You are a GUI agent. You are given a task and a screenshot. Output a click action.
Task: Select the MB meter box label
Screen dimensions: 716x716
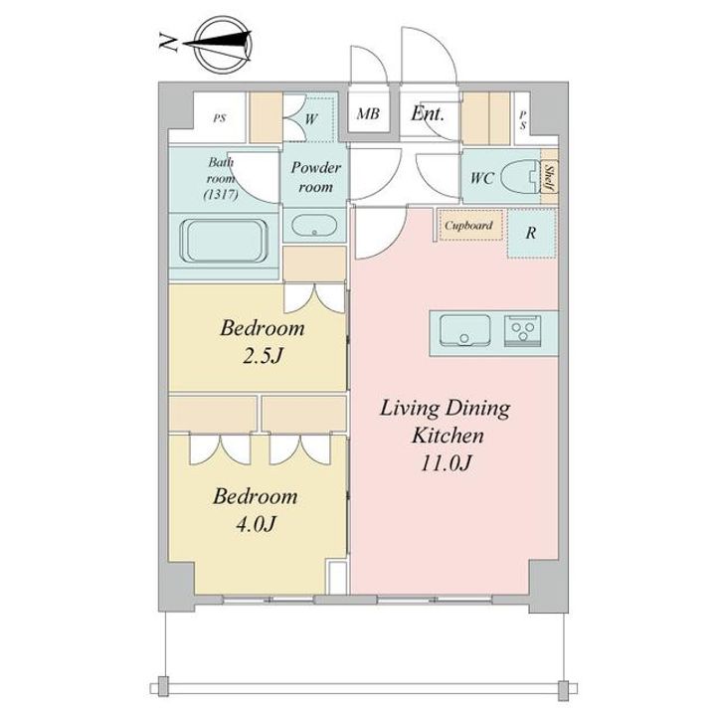click(368, 113)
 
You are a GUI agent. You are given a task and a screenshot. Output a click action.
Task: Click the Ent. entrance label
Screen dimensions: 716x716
click(427, 113)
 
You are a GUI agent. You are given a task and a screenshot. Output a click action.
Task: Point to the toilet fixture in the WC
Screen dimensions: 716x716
click(520, 176)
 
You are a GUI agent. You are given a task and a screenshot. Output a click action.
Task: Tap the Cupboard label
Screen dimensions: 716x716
click(468, 225)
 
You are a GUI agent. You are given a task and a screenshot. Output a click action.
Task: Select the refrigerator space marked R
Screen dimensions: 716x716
click(531, 233)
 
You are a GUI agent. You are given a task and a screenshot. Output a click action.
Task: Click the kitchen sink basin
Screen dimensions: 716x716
click(464, 330)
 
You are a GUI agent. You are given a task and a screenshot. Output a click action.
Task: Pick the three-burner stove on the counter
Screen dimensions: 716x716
click(523, 330)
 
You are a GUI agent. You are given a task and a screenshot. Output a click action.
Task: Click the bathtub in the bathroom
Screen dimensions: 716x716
click(224, 241)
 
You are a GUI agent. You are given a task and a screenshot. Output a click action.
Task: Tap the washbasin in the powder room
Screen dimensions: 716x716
click(314, 225)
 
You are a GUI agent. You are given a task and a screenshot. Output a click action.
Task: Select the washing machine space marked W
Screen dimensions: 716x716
click(311, 119)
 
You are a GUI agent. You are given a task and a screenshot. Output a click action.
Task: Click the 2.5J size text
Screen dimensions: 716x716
click(262, 356)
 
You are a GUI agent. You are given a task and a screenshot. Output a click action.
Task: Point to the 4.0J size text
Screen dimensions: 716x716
click(256, 524)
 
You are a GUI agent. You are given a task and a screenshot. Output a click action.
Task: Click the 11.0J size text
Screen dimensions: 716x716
click(446, 463)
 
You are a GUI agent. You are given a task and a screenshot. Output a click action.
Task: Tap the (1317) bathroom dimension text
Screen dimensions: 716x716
click(221, 195)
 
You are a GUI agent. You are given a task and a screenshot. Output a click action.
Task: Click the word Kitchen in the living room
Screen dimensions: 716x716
click(447, 436)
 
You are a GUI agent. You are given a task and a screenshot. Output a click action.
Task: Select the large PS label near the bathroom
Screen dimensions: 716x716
click(220, 118)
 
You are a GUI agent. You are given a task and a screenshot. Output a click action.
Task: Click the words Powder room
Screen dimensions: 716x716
click(315, 177)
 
